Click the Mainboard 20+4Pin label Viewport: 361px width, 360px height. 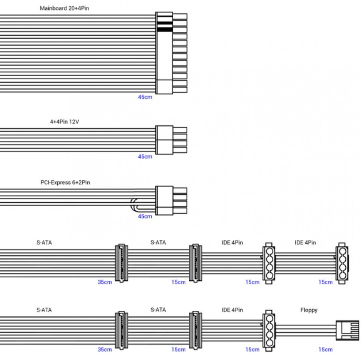[x=64, y=8]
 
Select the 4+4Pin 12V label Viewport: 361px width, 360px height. [x=64, y=122]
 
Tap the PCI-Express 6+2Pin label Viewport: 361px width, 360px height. [x=65, y=182]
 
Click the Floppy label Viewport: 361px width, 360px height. [x=309, y=310]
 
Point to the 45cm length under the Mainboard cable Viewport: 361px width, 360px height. [x=145, y=97]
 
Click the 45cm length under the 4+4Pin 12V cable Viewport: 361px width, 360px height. [x=145, y=157]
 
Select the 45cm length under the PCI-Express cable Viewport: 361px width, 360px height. [x=145, y=216]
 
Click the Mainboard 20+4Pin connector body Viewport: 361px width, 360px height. [x=164, y=53]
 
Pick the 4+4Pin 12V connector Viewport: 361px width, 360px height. [x=171, y=140]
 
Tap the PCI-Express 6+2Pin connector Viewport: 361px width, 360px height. [x=171, y=200]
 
